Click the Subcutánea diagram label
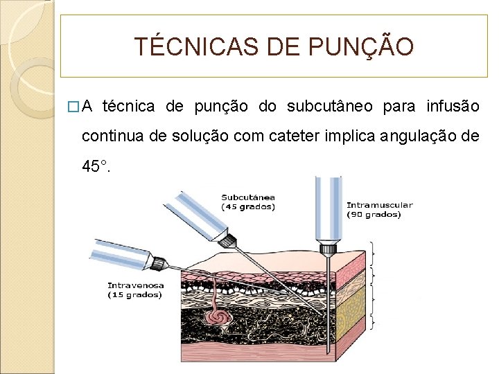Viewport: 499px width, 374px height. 248,197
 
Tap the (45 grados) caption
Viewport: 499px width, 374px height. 248,206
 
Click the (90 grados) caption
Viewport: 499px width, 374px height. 374,215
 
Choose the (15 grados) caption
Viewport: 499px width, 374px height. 134,295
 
